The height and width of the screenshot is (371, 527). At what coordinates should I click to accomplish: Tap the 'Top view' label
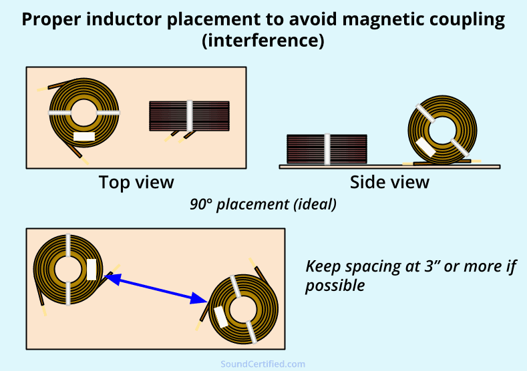pos(136,181)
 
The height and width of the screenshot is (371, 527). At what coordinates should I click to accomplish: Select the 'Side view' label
pos(389,181)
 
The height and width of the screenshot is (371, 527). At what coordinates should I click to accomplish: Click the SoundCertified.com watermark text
pos(263,364)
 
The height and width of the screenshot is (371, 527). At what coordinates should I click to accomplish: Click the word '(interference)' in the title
pos(263,41)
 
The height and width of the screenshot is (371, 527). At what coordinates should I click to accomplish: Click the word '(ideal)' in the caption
pos(314,204)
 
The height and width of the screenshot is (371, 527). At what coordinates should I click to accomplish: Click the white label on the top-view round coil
pos(84,136)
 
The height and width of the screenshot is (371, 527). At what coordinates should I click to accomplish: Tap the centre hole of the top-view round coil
pos(84,114)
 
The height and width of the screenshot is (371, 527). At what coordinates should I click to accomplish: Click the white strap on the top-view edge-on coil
pos(190,115)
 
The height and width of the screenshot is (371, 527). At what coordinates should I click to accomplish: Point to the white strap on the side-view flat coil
pos(327,149)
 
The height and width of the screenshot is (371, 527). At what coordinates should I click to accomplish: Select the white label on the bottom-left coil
pos(92,270)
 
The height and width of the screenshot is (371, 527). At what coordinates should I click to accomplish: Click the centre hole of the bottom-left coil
pos(67,270)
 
